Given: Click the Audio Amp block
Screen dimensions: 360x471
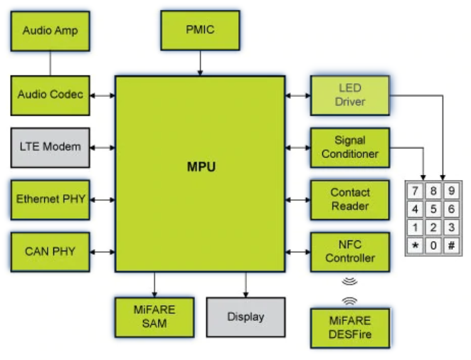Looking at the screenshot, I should click(50, 31).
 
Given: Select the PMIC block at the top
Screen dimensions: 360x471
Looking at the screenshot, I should click(200, 30).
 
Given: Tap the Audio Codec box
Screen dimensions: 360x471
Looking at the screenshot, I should click(50, 95).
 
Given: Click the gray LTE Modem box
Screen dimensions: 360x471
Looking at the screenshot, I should click(50, 147).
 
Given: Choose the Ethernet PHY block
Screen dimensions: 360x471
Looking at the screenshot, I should click(50, 199).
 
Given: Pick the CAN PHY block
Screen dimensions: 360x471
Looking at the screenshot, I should click(50, 251).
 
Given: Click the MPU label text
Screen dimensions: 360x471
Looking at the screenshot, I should click(201, 168).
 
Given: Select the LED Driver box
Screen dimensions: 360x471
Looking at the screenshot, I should click(350, 95).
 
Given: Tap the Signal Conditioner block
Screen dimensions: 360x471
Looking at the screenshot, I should click(350, 147).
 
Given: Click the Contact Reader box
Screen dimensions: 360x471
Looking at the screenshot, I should click(350, 199).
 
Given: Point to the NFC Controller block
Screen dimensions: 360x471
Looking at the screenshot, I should click(350, 251).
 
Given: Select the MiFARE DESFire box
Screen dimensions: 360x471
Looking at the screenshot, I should click(350, 328).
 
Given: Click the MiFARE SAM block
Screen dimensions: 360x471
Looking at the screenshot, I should click(154, 317).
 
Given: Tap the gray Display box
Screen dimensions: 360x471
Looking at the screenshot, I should click(245, 317).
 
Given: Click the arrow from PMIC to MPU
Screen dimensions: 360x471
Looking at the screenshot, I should click(200, 65).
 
